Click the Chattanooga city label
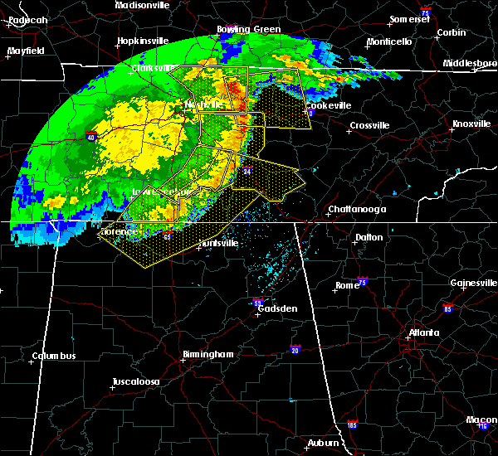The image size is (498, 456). tap(357, 209)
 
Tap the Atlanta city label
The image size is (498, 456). tap(423, 334)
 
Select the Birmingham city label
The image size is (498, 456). tap(207, 355)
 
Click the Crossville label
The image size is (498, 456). tap(369, 125)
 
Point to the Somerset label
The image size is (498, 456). tap(411, 19)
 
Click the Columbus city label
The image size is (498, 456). tap(54, 357)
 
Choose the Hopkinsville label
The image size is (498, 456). tap(141, 40)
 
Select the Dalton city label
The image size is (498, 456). tap(369, 237)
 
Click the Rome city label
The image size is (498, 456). tap(347, 285)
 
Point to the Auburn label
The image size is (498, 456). tap(324, 444)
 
